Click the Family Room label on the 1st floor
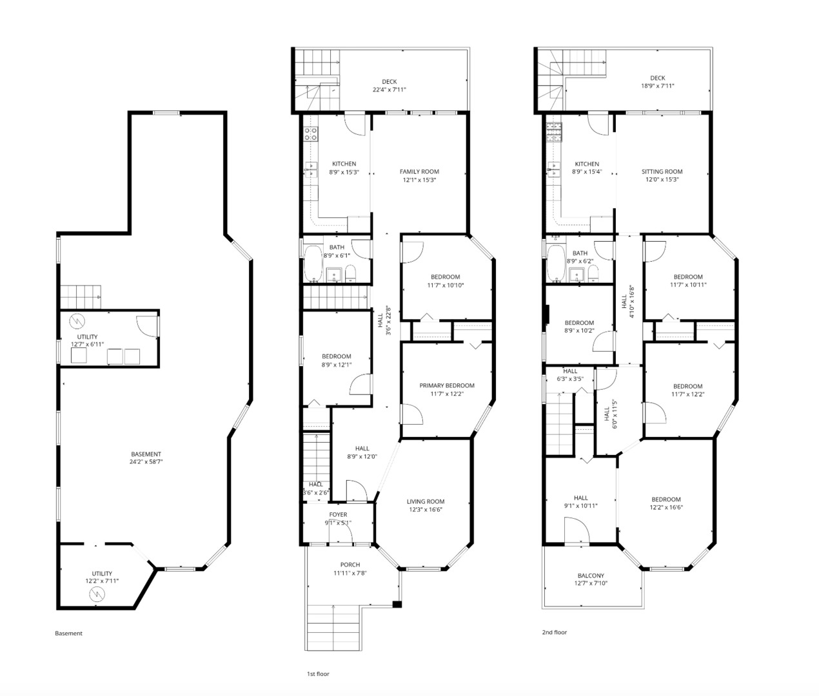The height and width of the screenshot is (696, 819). click(419, 171)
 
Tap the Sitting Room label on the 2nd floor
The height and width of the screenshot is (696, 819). click(662, 171)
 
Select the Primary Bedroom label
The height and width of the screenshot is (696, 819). click(447, 385)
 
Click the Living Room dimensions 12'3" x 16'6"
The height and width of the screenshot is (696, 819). click(426, 509)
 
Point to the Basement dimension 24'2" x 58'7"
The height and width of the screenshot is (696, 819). click(146, 461)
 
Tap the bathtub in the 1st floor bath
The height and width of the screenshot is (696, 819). click(313, 264)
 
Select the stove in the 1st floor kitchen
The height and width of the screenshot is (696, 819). click(311, 134)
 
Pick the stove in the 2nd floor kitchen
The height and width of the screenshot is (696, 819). click(554, 133)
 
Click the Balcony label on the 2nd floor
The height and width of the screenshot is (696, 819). click(591, 575)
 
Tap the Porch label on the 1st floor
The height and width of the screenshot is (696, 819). click(350, 565)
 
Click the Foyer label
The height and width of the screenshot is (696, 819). click(338, 514)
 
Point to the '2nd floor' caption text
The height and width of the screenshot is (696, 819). click(554, 632)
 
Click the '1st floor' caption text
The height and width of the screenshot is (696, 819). click(318, 673)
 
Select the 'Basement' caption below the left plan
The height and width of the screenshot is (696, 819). click(68, 633)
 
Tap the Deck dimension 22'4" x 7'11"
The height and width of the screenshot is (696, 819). click(389, 90)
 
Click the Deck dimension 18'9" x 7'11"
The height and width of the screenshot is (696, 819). click(657, 86)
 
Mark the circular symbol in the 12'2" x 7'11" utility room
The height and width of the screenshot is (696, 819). click(97, 594)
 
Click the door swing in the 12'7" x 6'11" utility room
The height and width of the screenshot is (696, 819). click(146, 325)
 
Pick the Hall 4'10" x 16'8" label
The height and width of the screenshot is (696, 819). click(628, 301)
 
